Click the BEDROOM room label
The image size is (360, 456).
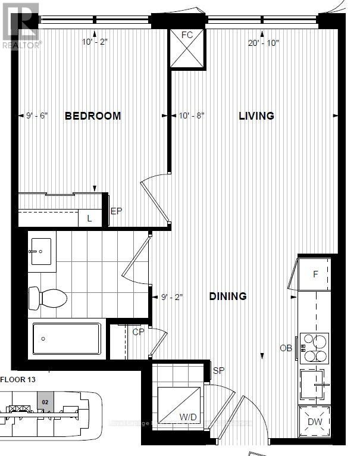pos(92,115)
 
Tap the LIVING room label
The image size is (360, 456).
pos(256,115)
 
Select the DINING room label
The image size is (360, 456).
pos(228,296)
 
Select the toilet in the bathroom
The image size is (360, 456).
pos(48,296)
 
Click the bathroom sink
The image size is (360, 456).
pos(40,252)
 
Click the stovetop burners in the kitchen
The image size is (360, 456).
pos(314,348)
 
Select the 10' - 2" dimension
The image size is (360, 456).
pos(95,42)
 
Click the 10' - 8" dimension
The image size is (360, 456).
pos(192,115)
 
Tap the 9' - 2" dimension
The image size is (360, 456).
pos(171,296)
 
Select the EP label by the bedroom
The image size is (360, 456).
pos(116,211)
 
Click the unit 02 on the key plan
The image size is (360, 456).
pos(44,403)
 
